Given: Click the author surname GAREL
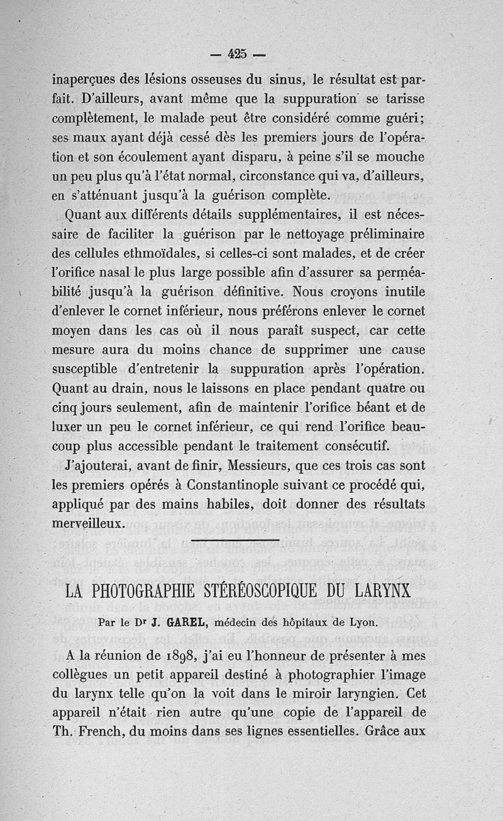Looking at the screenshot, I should pos(186,624).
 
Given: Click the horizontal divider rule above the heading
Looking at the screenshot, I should pos(235,539).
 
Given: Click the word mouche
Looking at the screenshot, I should pos(402,157).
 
